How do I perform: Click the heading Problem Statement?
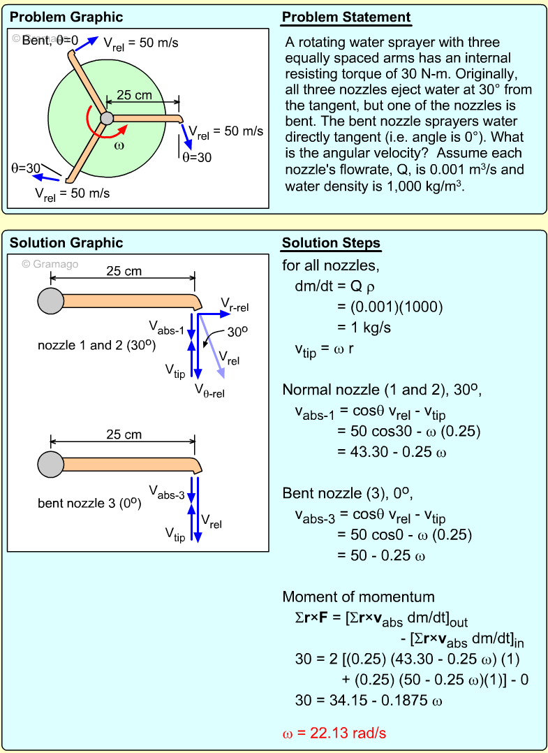coord(346,17)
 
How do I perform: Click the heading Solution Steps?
coord(331,243)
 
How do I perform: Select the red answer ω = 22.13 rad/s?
coord(334,733)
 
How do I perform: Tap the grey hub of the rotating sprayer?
coord(106,118)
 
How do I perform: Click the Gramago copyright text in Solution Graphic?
coord(50,264)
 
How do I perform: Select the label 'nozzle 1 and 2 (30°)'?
coord(96,345)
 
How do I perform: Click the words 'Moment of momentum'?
coord(358,597)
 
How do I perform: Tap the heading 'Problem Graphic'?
coord(66,17)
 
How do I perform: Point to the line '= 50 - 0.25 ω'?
coord(381,556)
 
